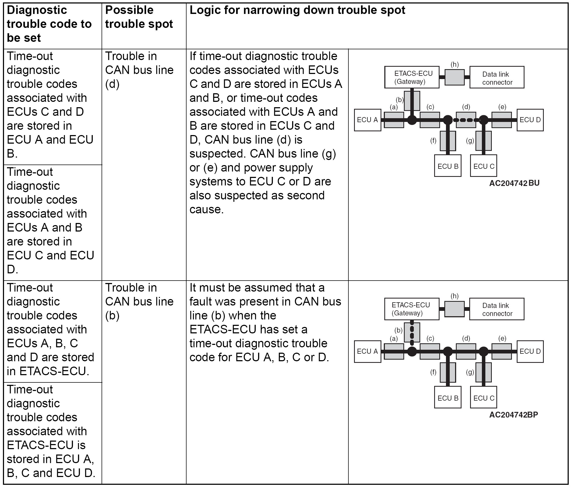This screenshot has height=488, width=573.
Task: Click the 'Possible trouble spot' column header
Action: [139, 17]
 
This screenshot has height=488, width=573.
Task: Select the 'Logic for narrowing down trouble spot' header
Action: [297, 10]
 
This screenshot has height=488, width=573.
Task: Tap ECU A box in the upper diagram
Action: [367, 120]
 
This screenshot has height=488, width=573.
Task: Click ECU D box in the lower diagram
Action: [530, 351]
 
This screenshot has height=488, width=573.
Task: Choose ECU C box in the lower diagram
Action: [484, 398]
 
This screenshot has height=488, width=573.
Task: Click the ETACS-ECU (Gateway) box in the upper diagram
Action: [412, 77]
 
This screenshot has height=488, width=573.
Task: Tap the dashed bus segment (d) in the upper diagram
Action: [466, 120]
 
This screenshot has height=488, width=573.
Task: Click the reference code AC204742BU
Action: [514, 183]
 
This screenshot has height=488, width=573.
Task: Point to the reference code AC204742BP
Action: [514, 415]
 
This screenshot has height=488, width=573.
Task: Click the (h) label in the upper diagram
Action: [455, 64]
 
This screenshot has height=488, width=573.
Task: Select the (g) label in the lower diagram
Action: [470, 372]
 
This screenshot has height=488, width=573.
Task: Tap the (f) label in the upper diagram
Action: [433, 141]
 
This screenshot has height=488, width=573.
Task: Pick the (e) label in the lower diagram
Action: [502, 338]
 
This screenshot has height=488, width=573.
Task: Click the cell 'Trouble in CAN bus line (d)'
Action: [139, 70]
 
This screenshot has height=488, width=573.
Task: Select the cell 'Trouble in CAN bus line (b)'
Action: [139, 301]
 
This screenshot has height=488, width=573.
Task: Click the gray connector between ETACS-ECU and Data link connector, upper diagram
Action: [455, 77]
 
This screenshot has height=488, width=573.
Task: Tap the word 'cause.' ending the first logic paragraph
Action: [206, 210]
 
